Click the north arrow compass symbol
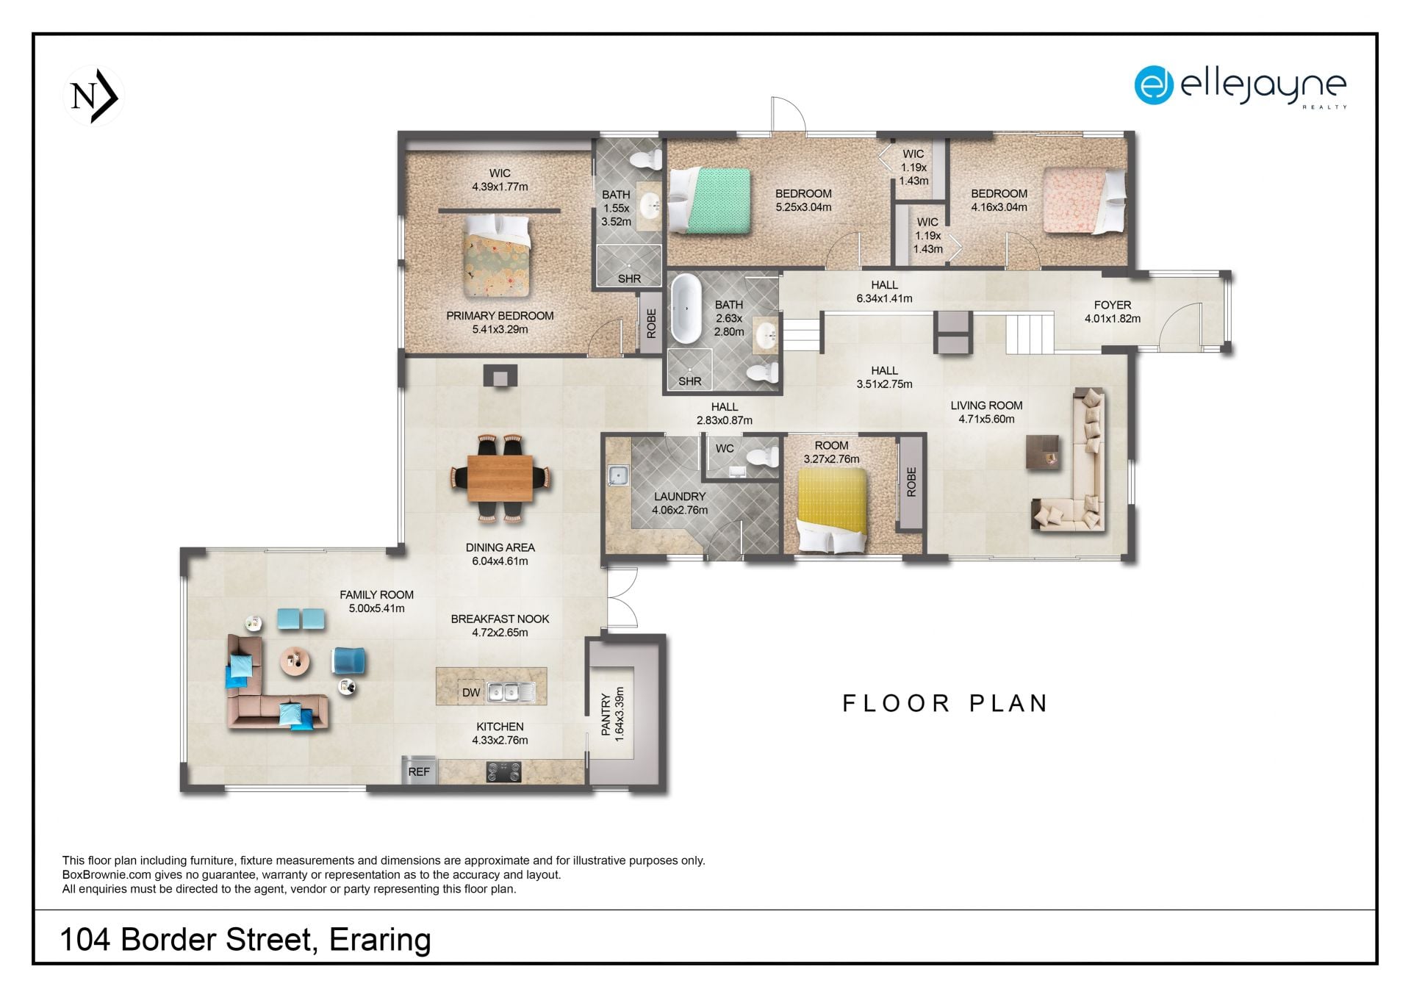94,96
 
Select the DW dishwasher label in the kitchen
471,692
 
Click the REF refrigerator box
419,771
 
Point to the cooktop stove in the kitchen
504,771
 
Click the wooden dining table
500,478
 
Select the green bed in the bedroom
710,201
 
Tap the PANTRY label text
606,714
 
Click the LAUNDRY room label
680,497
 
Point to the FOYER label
1113,305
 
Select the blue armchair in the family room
349,661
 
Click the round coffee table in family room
295,661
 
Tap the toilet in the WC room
762,457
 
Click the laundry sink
617,476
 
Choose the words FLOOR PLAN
945,703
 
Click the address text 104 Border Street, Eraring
245,940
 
